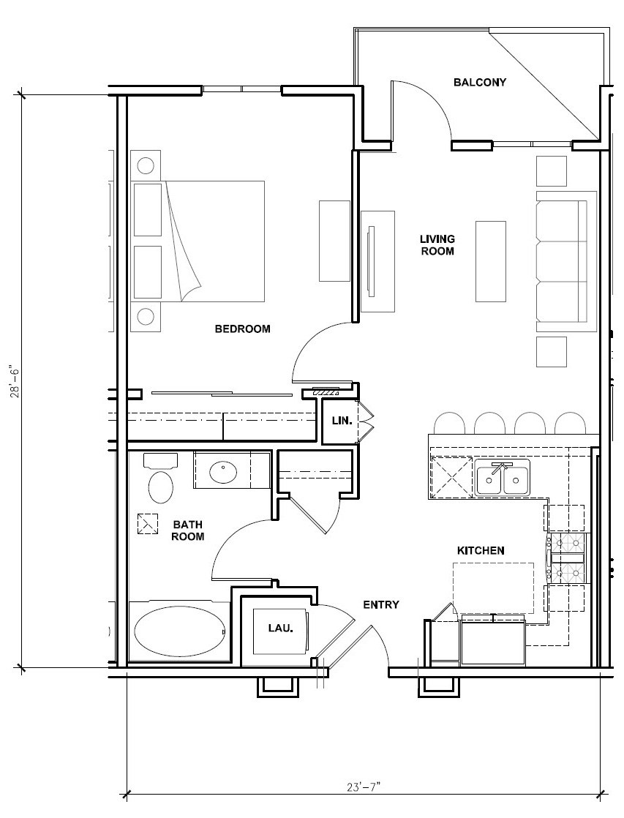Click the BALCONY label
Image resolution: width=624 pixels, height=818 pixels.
[x=479, y=82]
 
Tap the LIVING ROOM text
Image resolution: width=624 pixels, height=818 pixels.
[x=437, y=245]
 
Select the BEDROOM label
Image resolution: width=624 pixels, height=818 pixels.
[x=242, y=329]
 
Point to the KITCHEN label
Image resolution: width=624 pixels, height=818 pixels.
[x=480, y=550]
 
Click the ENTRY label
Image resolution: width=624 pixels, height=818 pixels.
[x=381, y=604]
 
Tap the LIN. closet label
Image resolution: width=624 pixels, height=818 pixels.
[x=342, y=421]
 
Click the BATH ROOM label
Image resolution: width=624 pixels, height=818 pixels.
[x=188, y=530]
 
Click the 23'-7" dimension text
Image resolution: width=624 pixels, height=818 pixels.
[x=364, y=787]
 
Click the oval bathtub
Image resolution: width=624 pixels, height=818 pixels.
[x=180, y=631]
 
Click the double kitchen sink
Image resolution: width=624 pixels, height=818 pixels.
[x=502, y=480]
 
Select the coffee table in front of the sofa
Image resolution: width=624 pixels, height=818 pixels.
[x=490, y=260]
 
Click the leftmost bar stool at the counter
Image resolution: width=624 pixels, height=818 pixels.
[x=450, y=424]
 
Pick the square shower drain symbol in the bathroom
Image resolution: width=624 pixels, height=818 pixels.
[x=148, y=524]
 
